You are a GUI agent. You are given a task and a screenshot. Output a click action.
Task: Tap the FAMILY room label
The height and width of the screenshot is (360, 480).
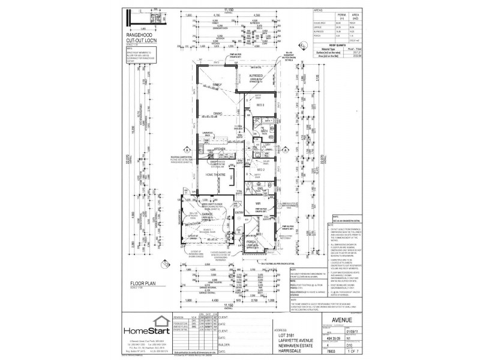click(x=215, y=85)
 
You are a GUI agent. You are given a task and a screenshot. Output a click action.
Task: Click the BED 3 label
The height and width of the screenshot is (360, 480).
click(x=260, y=105)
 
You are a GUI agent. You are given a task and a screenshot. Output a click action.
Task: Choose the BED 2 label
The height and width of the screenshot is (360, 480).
click(x=260, y=170)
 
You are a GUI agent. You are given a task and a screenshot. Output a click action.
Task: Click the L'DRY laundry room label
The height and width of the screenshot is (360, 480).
click(x=266, y=145)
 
